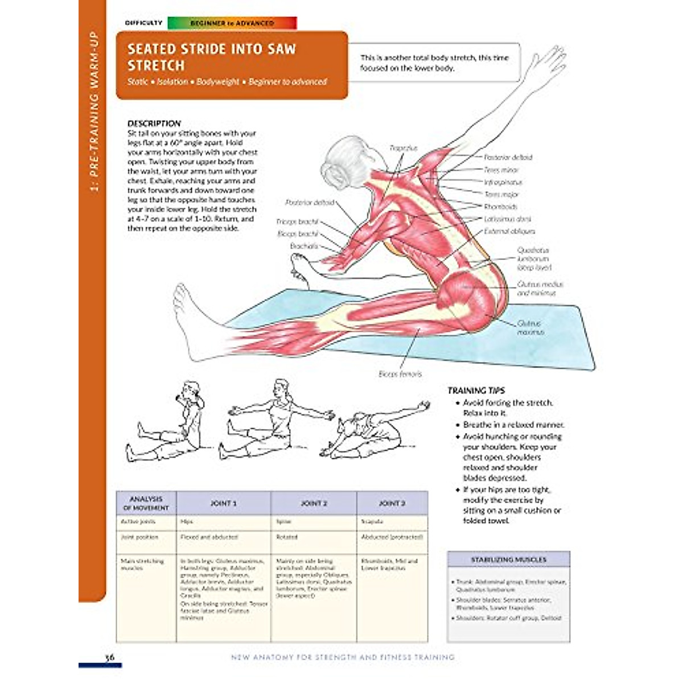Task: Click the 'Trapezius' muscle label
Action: [x=403, y=148]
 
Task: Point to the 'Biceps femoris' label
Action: [x=400, y=374]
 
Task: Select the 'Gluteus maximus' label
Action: [x=530, y=327]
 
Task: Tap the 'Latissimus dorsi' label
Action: [x=508, y=219]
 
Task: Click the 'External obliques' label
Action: [x=509, y=231]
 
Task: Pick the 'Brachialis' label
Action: [x=304, y=246]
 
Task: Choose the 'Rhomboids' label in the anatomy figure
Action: [x=500, y=207]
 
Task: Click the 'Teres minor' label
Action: [x=501, y=170]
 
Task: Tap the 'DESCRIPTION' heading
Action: [x=154, y=123]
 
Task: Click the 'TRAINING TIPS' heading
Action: [x=476, y=390]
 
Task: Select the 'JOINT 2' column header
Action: [x=314, y=503]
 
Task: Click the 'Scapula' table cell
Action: [x=372, y=521]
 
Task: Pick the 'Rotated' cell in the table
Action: [x=287, y=537]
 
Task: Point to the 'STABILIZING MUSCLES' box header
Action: [x=508, y=559]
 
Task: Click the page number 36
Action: [x=110, y=657]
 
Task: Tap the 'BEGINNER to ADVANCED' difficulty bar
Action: [x=232, y=23]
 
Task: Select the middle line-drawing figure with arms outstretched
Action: [x=275, y=418]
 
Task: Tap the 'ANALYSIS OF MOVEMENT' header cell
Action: [x=146, y=503]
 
